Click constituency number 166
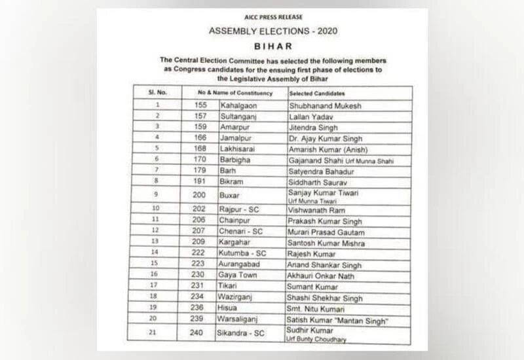(200, 137)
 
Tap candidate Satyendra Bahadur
(320, 171)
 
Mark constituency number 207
(200, 232)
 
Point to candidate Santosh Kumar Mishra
(327, 242)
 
